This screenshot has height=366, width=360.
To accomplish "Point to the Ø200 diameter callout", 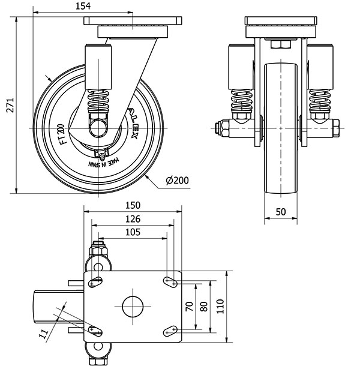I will click(176, 180).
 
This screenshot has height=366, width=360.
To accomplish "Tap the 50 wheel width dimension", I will click(281, 211).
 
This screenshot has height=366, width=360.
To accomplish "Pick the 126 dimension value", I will click(133, 219).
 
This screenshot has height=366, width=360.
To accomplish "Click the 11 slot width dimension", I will click(44, 334).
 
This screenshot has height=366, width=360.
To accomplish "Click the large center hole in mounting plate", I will click(133, 306).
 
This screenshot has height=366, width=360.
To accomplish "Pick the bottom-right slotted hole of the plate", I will click(170, 329).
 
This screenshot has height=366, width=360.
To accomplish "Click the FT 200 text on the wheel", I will click(60, 131).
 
